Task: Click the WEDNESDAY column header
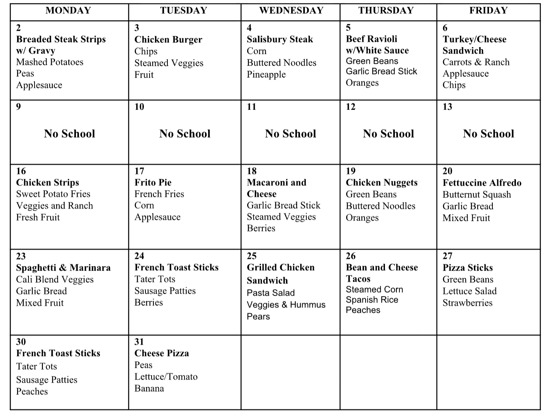(x=291, y=11)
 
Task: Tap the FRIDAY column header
(x=488, y=11)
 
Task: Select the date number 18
(x=252, y=171)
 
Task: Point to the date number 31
(x=139, y=342)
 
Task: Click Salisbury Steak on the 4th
(x=280, y=39)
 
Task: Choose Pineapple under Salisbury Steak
(x=266, y=74)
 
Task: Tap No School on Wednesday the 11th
(x=290, y=134)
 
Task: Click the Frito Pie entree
(x=153, y=183)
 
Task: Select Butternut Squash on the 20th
(x=476, y=195)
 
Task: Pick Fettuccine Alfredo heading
(x=482, y=183)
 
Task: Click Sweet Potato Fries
(x=53, y=194)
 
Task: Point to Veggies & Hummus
(x=286, y=305)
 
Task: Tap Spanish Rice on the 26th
(x=372, y=300)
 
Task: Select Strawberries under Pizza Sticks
(x=467, y=303)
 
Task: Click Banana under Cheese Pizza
(x=149, y=389)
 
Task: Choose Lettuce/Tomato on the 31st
(x=166, y=377)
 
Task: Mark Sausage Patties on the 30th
(x=47, y=380)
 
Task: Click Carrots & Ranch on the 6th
(x=476, y=62)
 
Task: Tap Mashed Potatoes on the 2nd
(x=50, y=62)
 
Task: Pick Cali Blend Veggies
(x=55, y=280)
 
